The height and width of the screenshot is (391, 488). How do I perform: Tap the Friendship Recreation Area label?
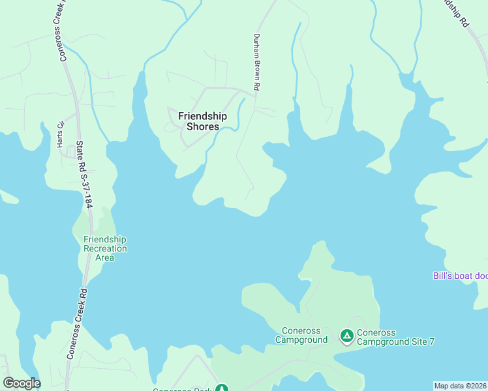pyautogui.click(x=105, y=248)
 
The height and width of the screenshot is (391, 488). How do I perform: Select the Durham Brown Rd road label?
pyautogui.click(x=257, y=62)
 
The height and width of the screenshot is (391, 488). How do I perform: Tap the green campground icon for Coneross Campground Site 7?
pyautogui.click(x=347, y=336)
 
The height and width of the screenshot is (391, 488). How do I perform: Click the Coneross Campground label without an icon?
pyautogui.click(x=301, y=335)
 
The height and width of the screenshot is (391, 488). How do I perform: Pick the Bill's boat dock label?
pyautogui.click(x=460, y=276)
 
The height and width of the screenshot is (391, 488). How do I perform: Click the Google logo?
pyautogui.click(x=22, y=383)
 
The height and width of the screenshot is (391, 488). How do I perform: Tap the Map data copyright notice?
pyautogui.click(x=461, y=386)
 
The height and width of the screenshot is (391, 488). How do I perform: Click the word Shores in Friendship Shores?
pyautogui.click(x=202, y=126)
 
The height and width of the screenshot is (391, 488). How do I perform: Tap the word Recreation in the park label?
pyautogui.click(x=105, y=248)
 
